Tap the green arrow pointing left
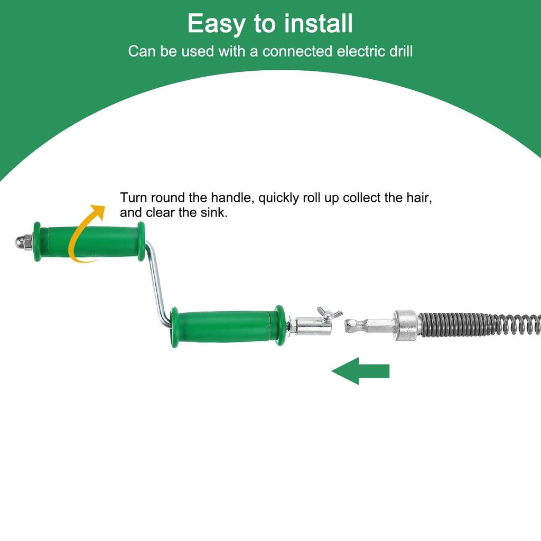(360, 371)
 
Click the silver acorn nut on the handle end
(24, 242)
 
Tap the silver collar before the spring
(406, 324)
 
